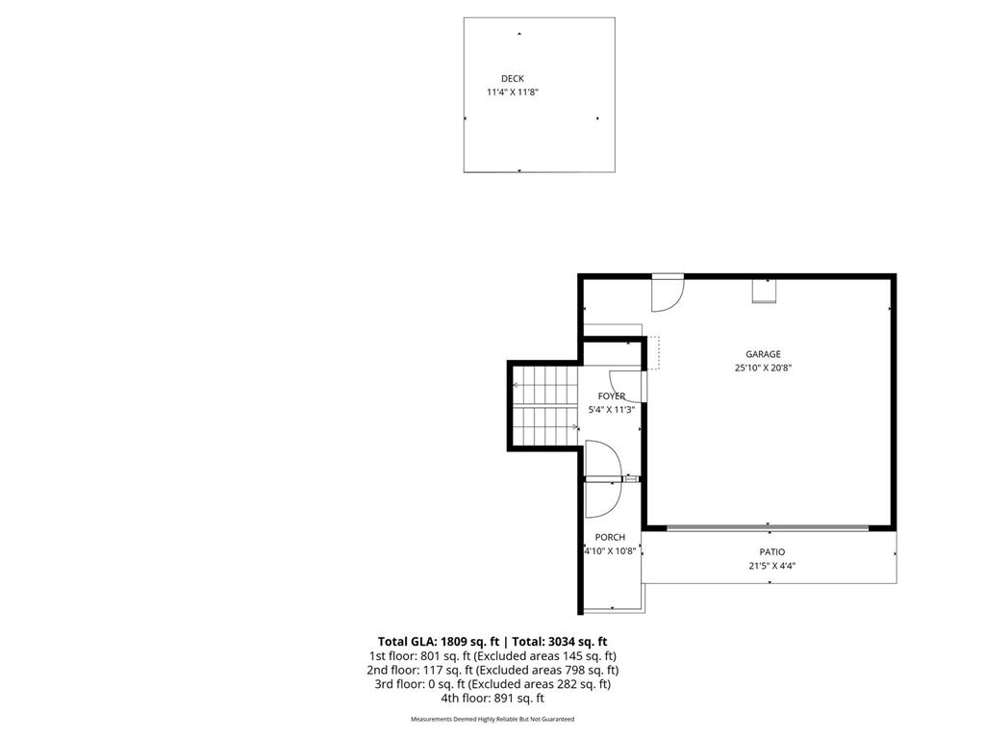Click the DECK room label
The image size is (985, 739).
tap(513, 79)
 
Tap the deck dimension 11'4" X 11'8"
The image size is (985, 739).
tap(518, 92)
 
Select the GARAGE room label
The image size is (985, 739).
tap(763, 354)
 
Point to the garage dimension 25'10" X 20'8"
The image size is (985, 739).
tap(763, 368)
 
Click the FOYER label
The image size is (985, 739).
tap(612, 396)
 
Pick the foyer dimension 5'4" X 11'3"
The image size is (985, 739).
tap(612, 410)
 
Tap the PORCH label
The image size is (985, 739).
tap(610, 538)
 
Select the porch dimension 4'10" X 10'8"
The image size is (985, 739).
tap(610, 551)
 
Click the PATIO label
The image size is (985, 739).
tap(772, 552)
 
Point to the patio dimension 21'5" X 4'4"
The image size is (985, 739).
tap(772, 566)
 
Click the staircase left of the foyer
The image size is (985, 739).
tap(544, 407)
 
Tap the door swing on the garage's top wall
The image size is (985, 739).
tap(666, 294)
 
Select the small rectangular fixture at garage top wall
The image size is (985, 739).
tap(765, 290)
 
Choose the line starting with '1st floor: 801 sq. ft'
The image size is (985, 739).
tap(492, 655)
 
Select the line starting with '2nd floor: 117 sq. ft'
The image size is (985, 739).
tap(492, 670)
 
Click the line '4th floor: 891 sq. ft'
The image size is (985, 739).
tap(492, 699)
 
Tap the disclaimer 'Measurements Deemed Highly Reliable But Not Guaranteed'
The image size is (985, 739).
tap(492, 720)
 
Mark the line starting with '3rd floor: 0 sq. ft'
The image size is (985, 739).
tap(492, 684)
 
